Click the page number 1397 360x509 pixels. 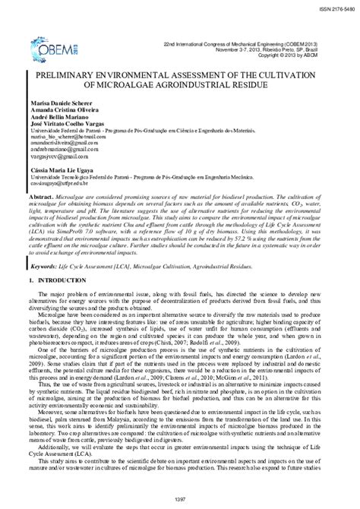(179, 498)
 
